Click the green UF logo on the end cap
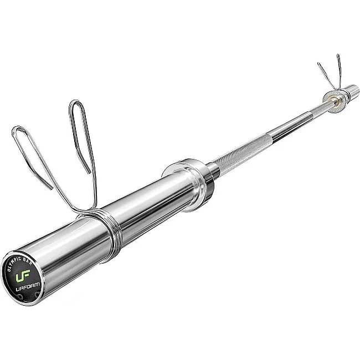23,275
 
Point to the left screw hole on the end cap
20,297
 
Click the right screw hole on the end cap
37,294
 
